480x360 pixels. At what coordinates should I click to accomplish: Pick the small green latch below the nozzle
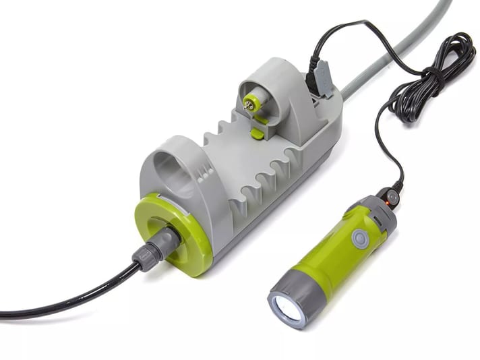click(x=257, y=133)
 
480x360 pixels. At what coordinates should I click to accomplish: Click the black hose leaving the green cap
click(x=67, y=297)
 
